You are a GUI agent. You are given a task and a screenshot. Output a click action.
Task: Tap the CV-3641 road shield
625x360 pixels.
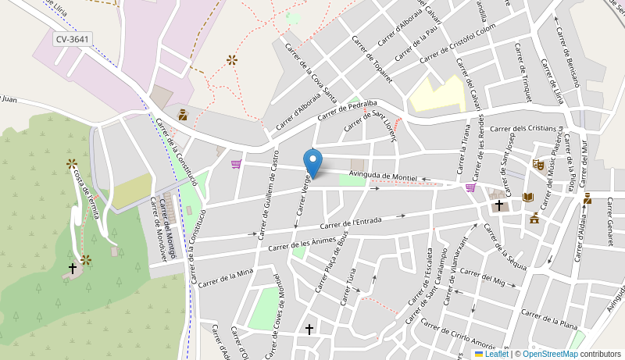pos(73,38)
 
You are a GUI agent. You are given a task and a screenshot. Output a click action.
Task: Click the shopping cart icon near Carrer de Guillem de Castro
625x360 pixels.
pos(236,164)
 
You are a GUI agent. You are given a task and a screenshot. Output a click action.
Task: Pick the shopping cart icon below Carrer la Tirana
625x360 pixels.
pos(470,187)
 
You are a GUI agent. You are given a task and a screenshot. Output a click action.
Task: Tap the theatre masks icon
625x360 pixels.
pos(537,165)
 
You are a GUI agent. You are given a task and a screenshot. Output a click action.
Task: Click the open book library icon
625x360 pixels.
pos(528,198)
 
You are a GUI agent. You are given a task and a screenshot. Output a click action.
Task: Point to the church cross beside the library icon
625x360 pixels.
pos(499,205)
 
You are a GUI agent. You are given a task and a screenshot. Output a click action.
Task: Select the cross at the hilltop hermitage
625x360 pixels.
pos(73,268)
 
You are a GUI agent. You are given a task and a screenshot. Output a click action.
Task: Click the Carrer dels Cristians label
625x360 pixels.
pos(524,128)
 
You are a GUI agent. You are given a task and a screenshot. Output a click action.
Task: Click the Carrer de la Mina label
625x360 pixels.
pos(226,278)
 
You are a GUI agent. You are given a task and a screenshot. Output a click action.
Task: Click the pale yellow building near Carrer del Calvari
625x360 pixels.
pos(437,94)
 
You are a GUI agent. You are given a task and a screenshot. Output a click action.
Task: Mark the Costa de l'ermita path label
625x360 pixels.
pos(86,193)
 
